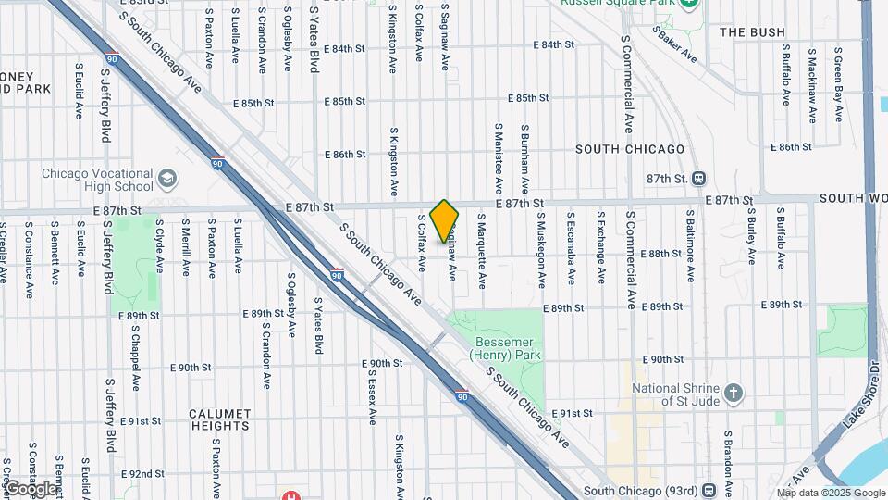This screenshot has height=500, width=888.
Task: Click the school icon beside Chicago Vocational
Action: coord(167,177)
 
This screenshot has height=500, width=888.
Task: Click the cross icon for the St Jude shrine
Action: coord(734,393)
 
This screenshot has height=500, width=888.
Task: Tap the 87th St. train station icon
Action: coord(700,178)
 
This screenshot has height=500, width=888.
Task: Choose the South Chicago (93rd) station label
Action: coord(641,490)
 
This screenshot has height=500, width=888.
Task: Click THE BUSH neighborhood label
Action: coord(752,32)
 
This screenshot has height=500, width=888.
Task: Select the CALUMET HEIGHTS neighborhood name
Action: coord(220,419)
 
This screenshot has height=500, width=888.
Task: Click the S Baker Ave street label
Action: coord(674,43)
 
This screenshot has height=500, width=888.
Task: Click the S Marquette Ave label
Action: coord(482,239)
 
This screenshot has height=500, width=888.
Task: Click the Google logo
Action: coord(30,488)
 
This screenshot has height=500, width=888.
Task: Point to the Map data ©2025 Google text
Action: coord(829,492)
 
